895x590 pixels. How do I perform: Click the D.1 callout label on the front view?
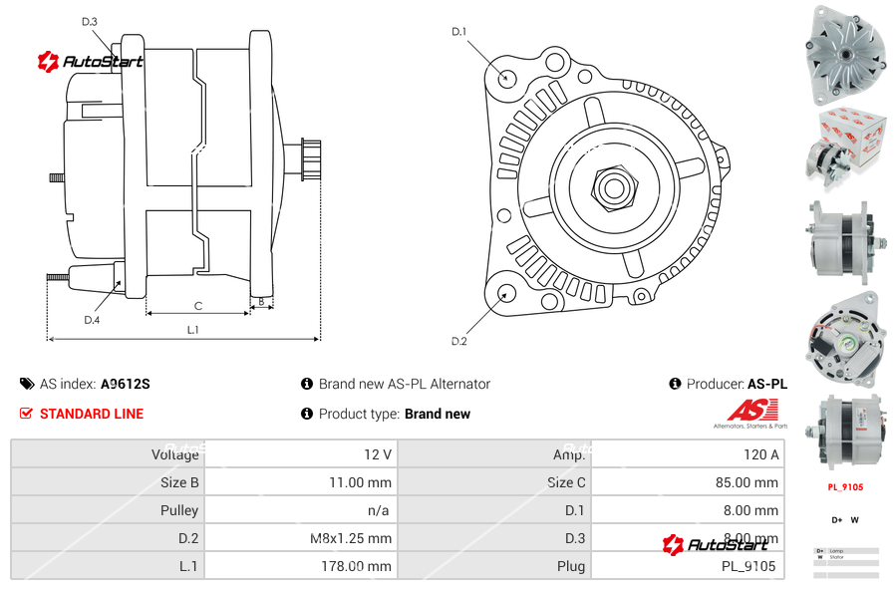(x=459, y=32)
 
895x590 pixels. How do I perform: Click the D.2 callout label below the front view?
(x=459, y=342)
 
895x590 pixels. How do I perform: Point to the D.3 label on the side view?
(x=90, y=22)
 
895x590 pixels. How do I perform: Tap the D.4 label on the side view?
(x=92, y=320)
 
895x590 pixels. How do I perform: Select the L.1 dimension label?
(x=193, y=330)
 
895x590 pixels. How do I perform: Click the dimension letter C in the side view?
(x=198, y=306)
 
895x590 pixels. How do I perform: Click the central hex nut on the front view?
(x=612, y=186)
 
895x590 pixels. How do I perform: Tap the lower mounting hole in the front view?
(x=506, y=293)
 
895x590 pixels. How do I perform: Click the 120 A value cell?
(x=761, y=454)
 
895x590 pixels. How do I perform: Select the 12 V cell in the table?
(x=378, y=454)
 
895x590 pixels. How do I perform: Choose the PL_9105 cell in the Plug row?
(x=748, y=566)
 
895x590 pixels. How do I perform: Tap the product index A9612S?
(x=126, y=384)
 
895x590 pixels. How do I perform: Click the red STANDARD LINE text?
(x=92, y=414)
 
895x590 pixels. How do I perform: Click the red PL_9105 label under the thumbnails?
(x=845, y=487)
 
